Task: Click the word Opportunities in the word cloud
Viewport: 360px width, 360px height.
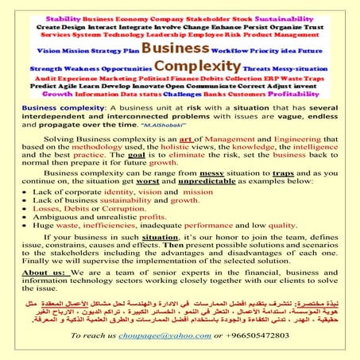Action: (114, 68)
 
